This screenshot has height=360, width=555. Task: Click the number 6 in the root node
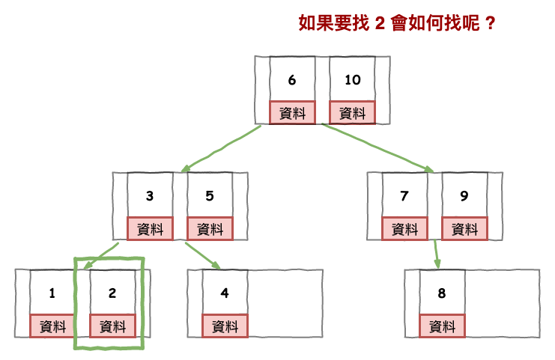292,80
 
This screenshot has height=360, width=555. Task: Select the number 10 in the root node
352,80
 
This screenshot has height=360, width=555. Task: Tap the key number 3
150,196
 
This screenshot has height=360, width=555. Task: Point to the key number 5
210,196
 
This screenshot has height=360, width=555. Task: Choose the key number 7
404,196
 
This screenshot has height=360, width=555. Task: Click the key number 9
464,196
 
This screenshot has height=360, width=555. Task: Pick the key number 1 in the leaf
52,293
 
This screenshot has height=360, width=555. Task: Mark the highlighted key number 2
112,293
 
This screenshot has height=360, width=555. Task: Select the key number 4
225,293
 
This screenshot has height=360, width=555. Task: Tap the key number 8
442,293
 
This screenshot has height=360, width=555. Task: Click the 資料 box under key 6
292,113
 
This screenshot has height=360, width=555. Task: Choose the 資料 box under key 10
352,113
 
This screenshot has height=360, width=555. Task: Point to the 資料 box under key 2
112,326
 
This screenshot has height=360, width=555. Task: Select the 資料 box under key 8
442,326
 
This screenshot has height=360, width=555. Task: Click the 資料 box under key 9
464,229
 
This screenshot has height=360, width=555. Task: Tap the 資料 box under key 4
225,326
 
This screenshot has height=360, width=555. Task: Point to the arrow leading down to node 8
436,254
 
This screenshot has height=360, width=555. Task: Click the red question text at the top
397,22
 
